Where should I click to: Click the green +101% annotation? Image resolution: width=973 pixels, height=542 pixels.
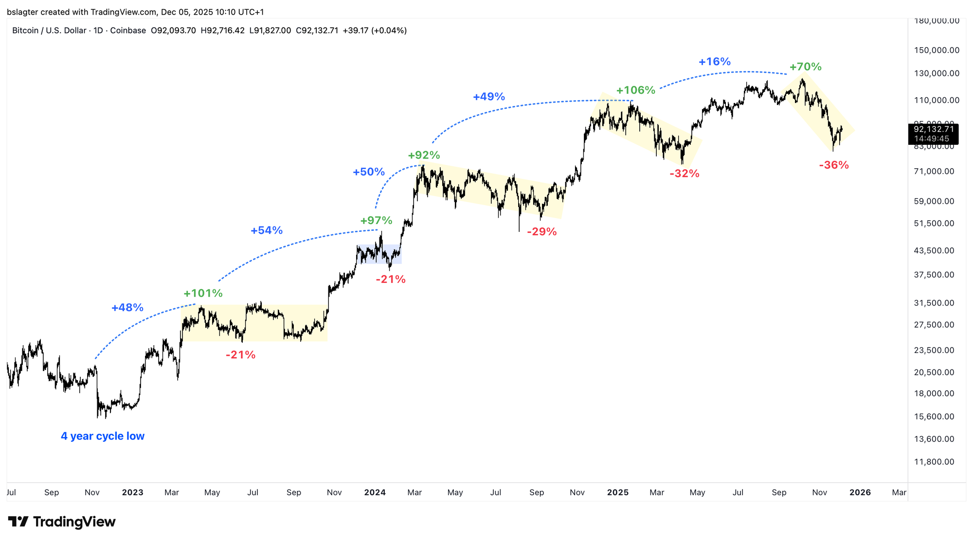203,294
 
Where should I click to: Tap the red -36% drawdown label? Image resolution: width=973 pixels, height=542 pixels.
834,165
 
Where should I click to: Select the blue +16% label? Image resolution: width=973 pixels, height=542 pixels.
714,62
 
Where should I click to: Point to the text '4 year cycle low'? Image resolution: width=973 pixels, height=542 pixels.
103,436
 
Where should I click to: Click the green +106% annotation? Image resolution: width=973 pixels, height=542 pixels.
636,90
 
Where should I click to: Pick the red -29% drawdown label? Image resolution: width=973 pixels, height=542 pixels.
541,232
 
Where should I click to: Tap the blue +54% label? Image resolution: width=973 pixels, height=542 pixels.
267,230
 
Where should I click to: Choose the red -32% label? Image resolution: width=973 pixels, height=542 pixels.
684,174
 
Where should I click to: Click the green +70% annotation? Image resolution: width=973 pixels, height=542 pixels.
805,67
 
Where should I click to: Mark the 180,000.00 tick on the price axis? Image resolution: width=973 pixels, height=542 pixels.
937,21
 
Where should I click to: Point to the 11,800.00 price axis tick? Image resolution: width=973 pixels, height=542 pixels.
934,462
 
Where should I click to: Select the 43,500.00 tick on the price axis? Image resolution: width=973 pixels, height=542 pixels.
934,250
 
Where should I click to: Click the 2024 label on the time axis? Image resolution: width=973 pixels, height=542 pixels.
375,492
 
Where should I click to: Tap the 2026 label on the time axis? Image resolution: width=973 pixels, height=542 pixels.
860,492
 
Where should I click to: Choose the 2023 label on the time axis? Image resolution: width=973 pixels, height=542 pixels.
132,492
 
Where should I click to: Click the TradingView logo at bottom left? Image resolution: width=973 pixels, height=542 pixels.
62,522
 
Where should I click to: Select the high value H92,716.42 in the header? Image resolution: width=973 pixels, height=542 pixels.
223,31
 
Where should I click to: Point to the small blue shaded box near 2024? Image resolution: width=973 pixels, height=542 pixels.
379,254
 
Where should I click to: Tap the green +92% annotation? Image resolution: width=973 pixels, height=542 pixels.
424,156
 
